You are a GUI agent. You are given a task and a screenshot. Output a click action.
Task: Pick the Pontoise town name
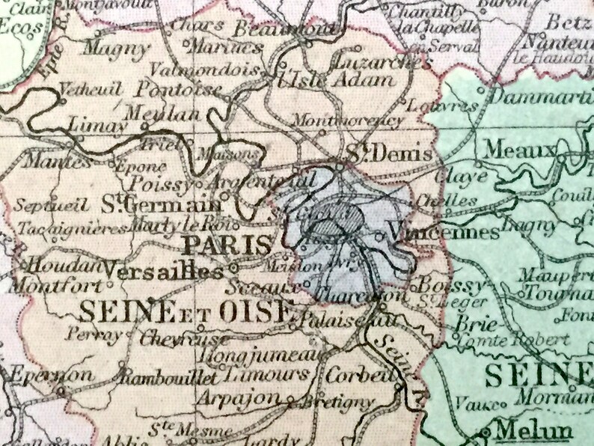(x=180, y=91)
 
